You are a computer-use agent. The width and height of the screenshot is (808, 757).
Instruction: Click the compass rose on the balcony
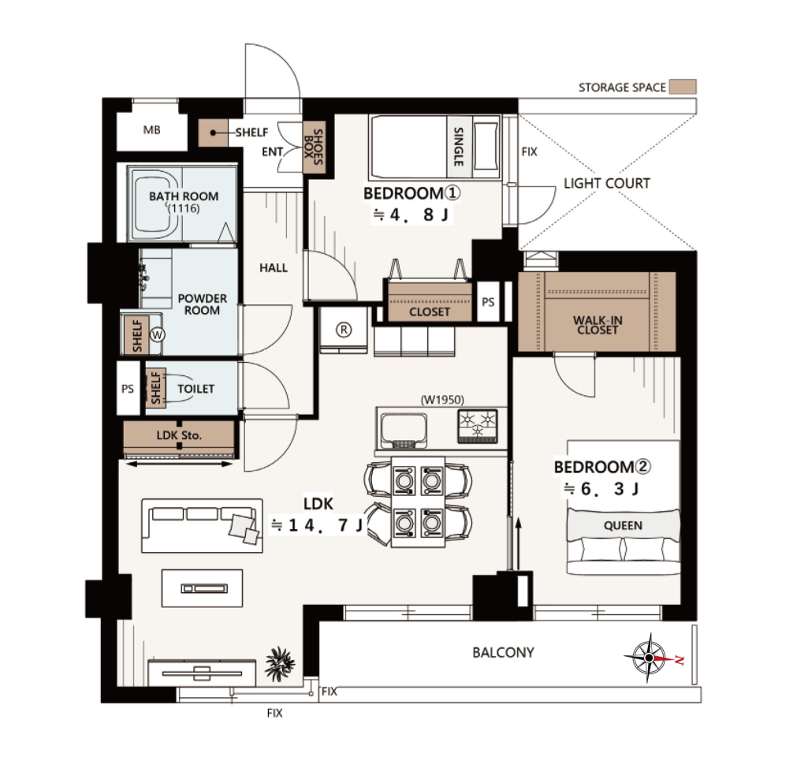point(650,658)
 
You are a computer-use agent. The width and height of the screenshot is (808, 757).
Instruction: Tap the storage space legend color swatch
point(683,87)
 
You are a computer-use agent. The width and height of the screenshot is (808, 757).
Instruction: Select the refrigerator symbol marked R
point(344,330)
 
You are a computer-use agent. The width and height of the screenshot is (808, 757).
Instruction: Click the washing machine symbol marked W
point(157,335)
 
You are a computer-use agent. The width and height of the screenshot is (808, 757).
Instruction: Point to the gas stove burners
point(478,426)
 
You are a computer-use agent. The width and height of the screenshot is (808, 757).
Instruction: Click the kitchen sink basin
point(404,430)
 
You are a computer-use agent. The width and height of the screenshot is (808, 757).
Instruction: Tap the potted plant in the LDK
point(280,663)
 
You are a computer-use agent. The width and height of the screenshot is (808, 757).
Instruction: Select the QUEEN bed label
point(623,526)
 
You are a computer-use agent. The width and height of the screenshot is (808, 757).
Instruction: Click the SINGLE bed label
point(458,147)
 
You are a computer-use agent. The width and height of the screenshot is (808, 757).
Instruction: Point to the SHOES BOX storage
point(314,147)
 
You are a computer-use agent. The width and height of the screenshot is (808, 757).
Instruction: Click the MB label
point(151,130)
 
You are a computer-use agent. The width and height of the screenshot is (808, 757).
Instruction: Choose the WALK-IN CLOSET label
point(598,325)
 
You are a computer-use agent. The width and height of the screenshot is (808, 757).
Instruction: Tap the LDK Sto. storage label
point(179,435)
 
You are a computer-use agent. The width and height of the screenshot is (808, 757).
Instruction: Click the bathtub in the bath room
point(154,204)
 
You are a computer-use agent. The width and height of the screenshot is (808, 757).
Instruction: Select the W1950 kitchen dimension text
point(442,399)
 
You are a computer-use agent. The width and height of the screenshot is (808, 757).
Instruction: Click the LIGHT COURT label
point(606,183)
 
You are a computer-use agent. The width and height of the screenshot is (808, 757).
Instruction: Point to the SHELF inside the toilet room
point(155,388)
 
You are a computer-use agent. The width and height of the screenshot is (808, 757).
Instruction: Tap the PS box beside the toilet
point(128,388)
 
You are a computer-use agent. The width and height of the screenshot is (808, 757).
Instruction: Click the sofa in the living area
point(202,526)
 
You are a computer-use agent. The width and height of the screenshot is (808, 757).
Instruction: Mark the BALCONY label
point(504,652)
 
